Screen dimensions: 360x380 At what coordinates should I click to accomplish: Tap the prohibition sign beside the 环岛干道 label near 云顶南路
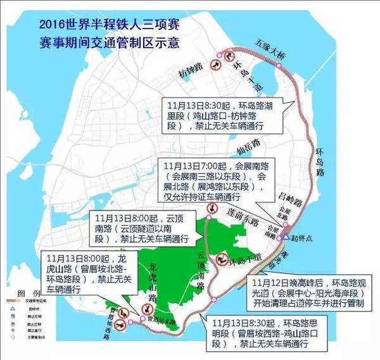coord(222,259)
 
